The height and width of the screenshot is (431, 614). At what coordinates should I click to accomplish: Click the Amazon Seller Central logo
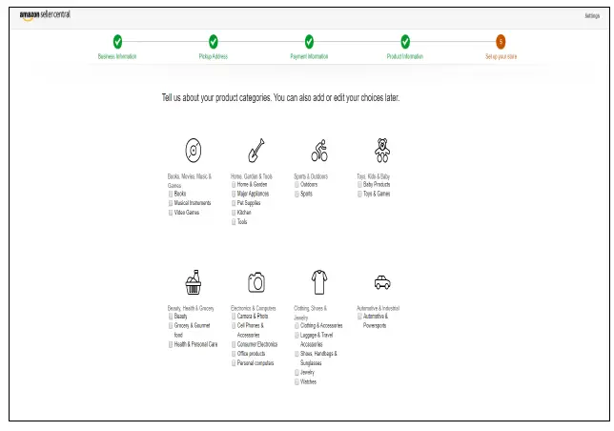45,15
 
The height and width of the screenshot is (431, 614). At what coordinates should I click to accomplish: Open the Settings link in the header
591,15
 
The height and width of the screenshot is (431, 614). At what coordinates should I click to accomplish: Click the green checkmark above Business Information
117,41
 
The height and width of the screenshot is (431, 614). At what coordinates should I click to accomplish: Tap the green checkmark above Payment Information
309,41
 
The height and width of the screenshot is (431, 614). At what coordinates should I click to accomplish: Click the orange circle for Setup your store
501,41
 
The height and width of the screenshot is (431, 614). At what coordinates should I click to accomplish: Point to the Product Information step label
405,56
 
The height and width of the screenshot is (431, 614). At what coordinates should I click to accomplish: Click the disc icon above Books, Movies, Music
194,150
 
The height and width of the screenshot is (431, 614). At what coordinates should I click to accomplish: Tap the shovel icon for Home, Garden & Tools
256,150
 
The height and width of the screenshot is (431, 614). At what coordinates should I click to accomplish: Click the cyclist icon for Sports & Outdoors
319,150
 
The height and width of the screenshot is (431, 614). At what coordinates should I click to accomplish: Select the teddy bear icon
381,150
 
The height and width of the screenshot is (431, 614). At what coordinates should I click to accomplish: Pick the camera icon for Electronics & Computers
256,281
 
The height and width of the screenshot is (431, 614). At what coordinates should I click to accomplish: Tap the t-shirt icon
319,281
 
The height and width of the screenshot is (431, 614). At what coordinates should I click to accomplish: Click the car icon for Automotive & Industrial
381,281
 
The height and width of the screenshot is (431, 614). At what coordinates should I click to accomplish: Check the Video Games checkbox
171,212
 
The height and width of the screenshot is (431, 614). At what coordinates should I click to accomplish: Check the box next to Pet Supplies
234,202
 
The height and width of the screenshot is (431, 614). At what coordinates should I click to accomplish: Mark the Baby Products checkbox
359,184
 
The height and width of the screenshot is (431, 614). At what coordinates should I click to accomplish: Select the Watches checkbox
297,381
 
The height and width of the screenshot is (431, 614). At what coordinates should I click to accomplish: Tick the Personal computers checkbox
234,363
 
